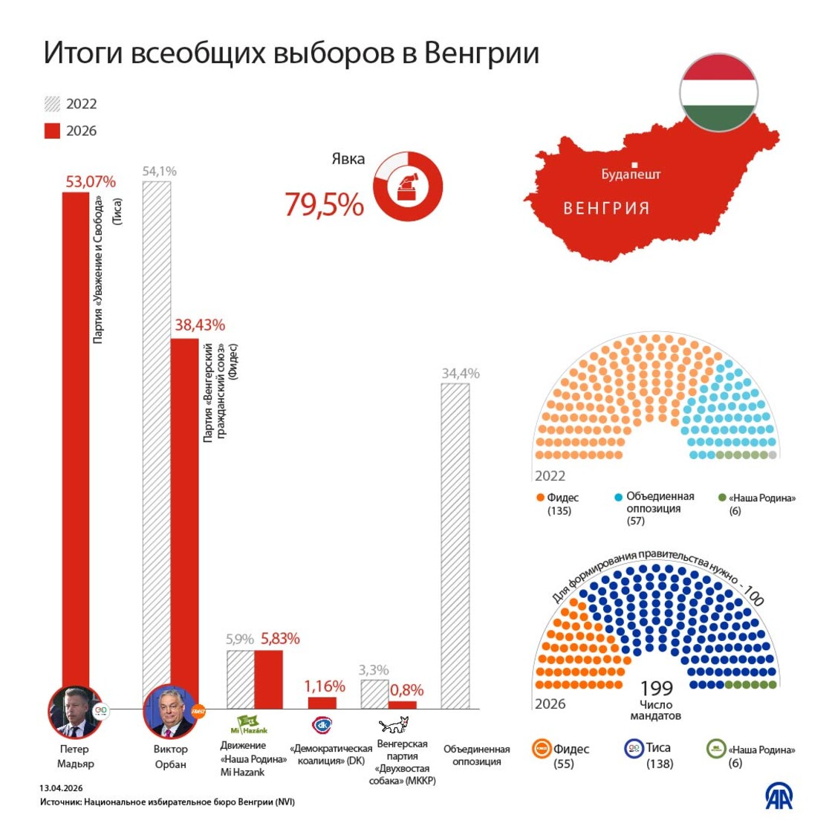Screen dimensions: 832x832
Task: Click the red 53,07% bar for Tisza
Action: pyautogui.click(x=76, y=438)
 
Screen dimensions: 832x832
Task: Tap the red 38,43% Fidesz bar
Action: pyautogui.click(x=185, y=513)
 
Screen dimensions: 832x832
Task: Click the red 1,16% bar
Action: pyautogui.click(x=322, y=703)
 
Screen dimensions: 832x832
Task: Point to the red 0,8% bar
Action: pyautogui.click(x=403, y=705)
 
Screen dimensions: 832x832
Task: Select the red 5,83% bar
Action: pyautogui.click(x=268, y=679)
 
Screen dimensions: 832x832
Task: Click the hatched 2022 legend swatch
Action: pyautogui.click(x=52, y=104)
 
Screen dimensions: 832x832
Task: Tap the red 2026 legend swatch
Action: pyautogui.click(x=52, y=131)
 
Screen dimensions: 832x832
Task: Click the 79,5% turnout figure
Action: pyautogui.click(x=324, y=204)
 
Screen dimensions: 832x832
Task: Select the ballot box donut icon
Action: pyautogui.click(x=408, y=186)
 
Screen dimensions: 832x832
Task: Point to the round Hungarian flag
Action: pyautogui.click(x=718, y=93)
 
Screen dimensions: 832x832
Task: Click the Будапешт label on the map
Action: pyautogui.click(x=631, y=175)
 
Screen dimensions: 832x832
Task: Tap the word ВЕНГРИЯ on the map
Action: pyautogui.click(x=606, y=209)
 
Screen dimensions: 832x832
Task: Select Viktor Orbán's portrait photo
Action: pyautogui.click(x=170, y=712)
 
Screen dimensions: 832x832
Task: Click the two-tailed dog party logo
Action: pyautogui.click(x=394, y=725)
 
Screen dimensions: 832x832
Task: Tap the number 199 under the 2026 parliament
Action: pyautogui.click(x=656, y=689)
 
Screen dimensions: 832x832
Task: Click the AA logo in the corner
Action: pyautogui.click(x=779, y=796)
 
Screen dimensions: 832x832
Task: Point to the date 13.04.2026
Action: pyautogui.click(x=61, y=787)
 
